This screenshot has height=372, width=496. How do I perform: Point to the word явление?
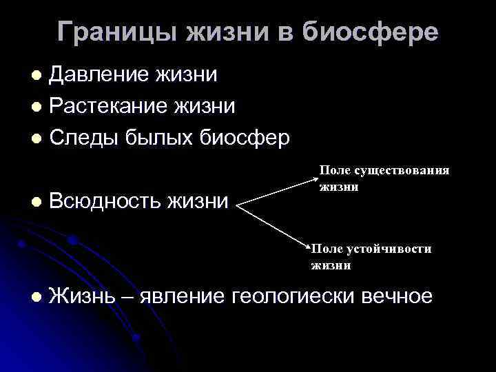(183, 297)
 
